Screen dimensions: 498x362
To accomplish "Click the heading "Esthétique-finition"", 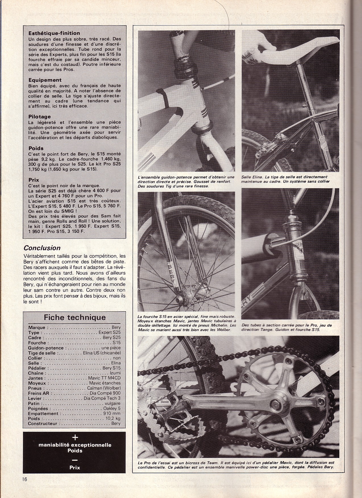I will [54, 34].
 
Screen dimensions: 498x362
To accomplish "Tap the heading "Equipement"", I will [45, 80].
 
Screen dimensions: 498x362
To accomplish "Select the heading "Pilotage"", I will [39, 117].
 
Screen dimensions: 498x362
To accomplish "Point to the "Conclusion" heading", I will [42, 248].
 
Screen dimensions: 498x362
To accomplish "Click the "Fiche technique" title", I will [74, 317].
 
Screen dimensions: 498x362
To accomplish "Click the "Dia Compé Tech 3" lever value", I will [102, 398].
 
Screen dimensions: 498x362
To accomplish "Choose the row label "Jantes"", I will [35, 378].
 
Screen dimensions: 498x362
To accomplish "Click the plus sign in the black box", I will [75, 438].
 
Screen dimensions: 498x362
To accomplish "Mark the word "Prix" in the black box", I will [75, 467].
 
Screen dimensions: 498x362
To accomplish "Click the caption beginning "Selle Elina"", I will [285, 179].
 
